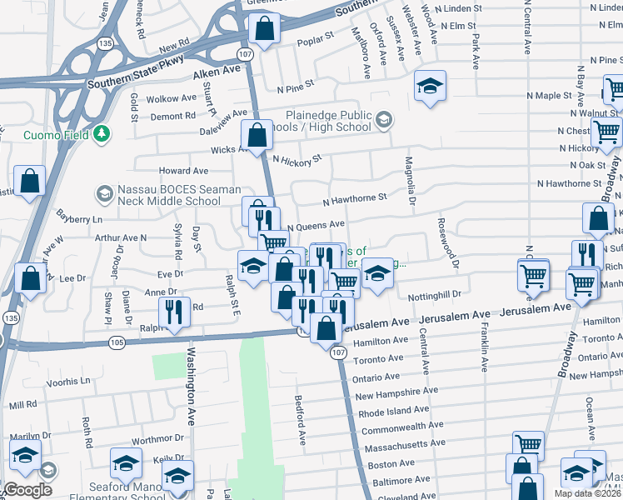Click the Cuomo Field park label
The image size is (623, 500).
(47, 133)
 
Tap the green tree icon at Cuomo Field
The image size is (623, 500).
(102, 133)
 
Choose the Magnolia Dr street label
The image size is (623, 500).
(410, 180)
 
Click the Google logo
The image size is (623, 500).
(27, 490)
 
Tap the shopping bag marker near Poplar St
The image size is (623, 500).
(264, 30)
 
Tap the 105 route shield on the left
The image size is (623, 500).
(116, 342)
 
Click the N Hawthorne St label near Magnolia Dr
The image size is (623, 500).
(355, 198)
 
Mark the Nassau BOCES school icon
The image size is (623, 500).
(104, 195)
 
